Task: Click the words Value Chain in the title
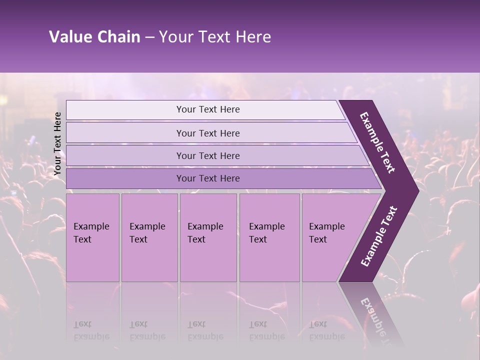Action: [94, 37]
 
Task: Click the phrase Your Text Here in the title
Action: [215, 37]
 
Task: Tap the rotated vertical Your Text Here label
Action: [57, 143]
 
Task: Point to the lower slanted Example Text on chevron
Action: [379, 236]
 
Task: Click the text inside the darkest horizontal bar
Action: [208, 178]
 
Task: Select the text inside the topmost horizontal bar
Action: [208, 109]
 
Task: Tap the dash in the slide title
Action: [149, 37]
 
